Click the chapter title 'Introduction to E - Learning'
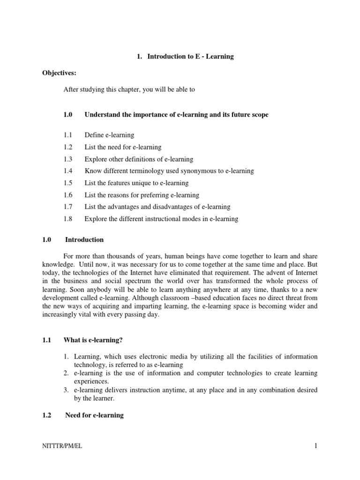190,57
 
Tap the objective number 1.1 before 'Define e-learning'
69,135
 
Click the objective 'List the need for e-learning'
123,147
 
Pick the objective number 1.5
69,183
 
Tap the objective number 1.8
69,219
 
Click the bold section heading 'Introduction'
84,240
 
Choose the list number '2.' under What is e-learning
66,373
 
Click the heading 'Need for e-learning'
94,415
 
